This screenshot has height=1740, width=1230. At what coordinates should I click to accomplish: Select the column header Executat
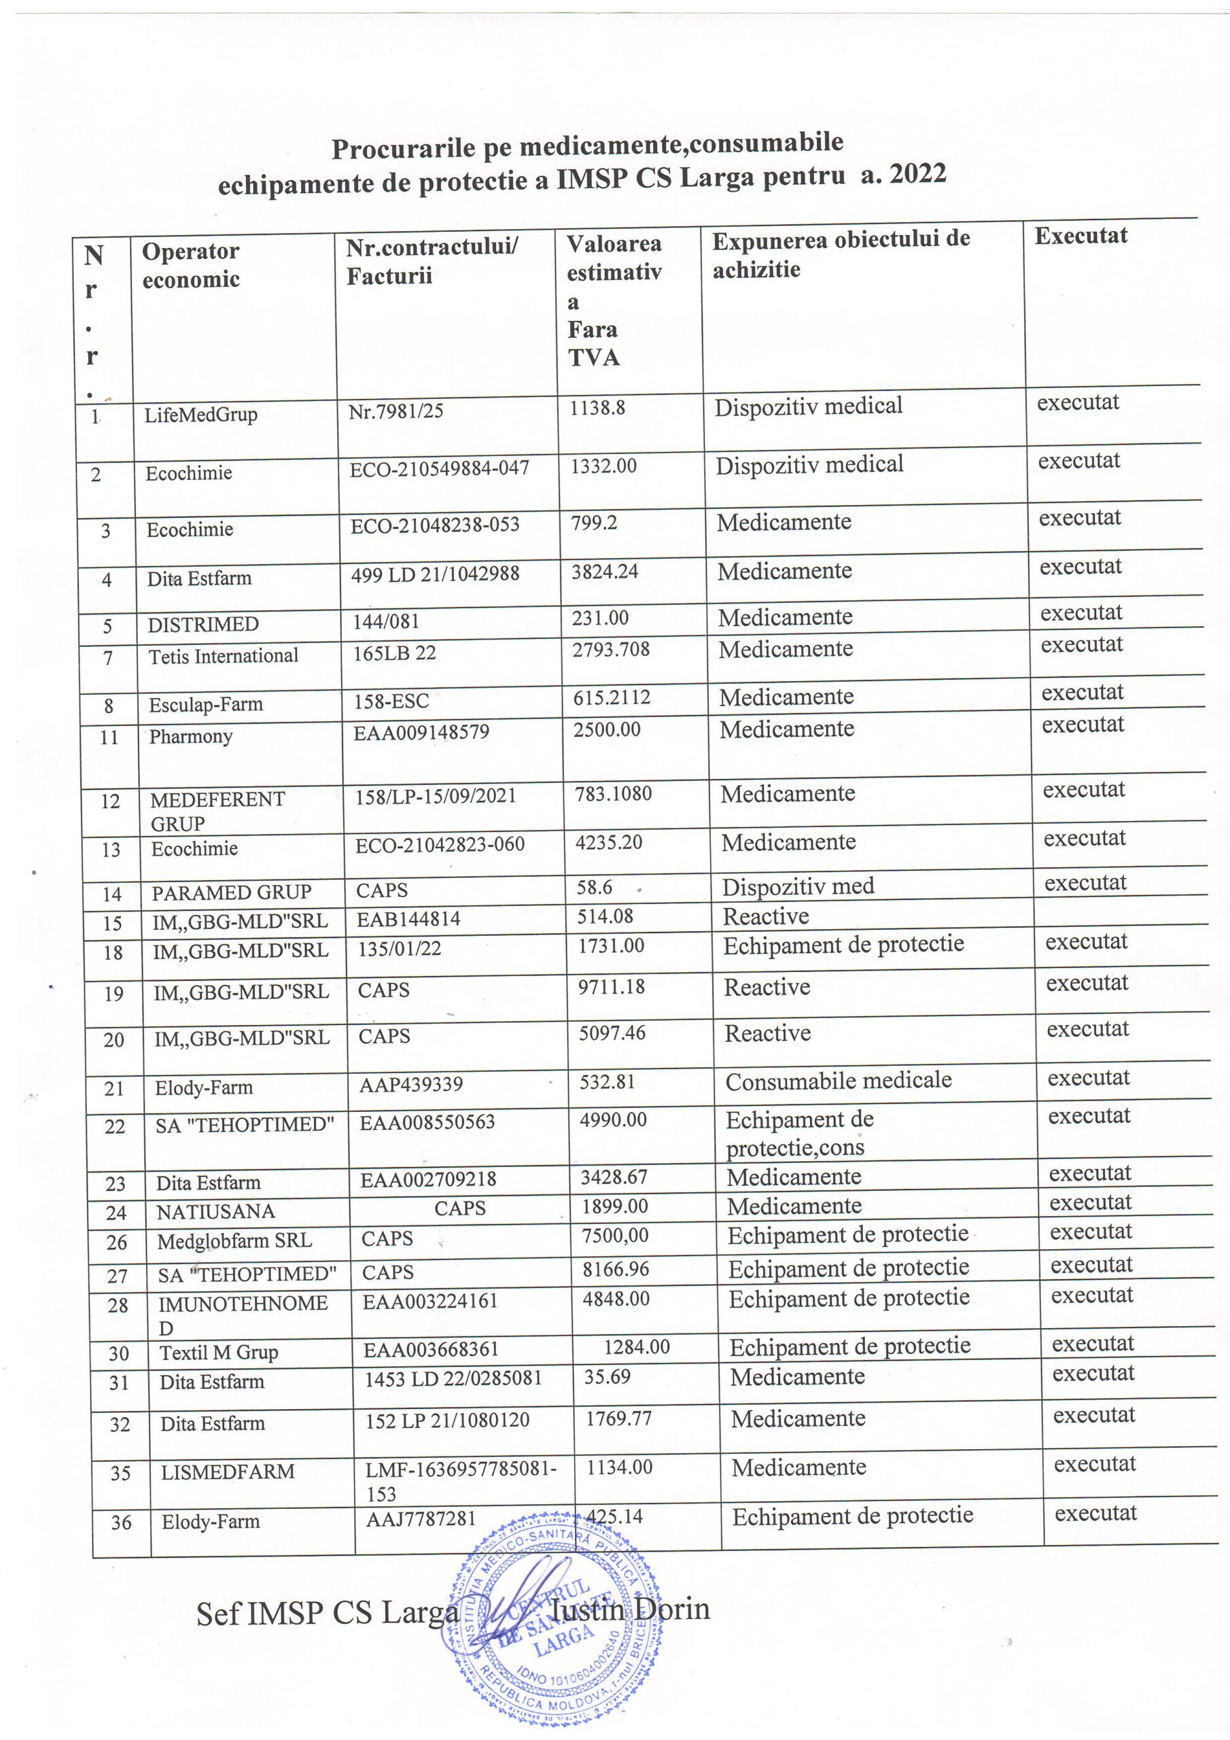click(x=1080, y=236)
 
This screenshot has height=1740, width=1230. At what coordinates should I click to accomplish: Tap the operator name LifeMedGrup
click(x=201, y=415)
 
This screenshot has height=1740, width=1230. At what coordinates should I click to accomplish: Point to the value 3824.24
click(x=605, y=571)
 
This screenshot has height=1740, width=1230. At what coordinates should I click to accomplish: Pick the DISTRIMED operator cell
click(x=203, y=625)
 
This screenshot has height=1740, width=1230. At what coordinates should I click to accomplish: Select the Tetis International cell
click(x=224, y=655)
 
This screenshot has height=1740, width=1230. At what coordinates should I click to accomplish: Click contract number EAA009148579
click(x=421, y=732)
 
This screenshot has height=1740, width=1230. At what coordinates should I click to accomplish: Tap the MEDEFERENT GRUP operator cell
click(x=217, y=811)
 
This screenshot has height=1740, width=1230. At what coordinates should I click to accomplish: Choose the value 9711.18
click(x=612, y=987)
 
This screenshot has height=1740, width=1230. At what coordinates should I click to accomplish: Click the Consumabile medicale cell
click(x=838, y=1080)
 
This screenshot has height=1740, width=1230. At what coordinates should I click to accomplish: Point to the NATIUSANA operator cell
click(x=215, y=1211)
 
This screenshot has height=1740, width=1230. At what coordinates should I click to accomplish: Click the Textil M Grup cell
click(x=218, y=1352)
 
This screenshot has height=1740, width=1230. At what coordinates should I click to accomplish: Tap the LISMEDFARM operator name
click(x=228, y=1472)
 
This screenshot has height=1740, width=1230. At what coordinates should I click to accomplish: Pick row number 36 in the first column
click(x=121, y=1522)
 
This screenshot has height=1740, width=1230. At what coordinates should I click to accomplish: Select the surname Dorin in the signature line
click(x=671, y=1609)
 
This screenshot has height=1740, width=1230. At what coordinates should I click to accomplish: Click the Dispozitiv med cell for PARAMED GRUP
click(x=798, y=886)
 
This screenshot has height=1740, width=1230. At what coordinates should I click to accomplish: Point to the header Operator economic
click(x=191, y=264)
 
